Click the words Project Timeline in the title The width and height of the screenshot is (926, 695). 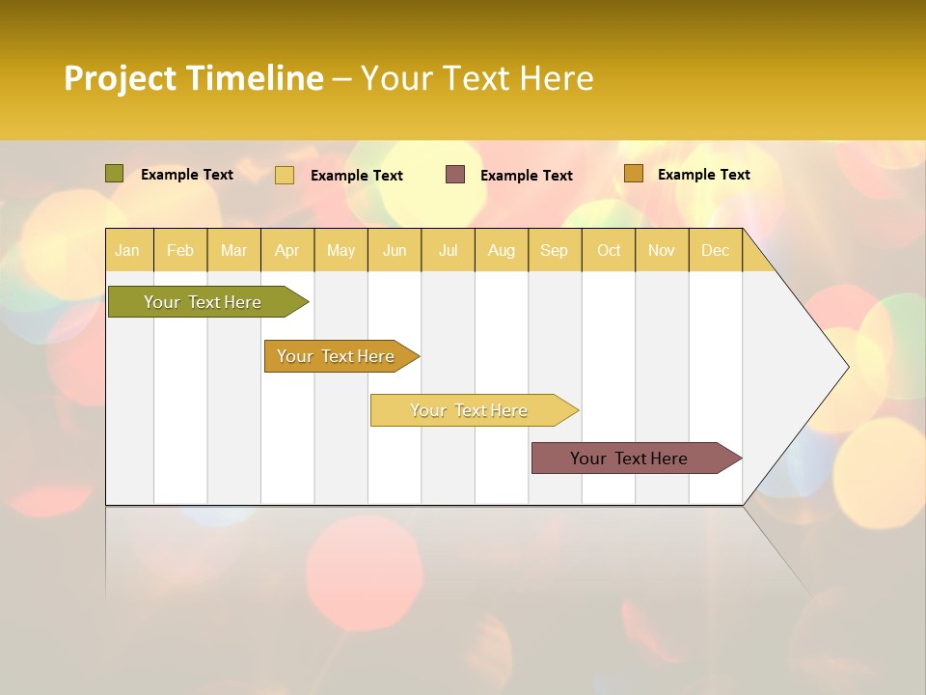pyautogui.click(x=193, y=78)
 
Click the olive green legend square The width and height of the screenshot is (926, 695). pyautogui.click(x=114, y=174)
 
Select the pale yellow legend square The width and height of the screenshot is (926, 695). pyautogui.click(x=285, y=175)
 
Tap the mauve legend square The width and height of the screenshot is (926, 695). pyautogui.click(x=455, y=175)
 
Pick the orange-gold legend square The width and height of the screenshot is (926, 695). pyautogui.click(x=633, y=174)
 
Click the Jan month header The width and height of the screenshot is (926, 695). pyautogui.click(x=127, y=251)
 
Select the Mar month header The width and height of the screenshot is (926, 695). pyautogui.click(x=233, y=251)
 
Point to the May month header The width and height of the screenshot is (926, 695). pyautogui.click(x=340, y=251)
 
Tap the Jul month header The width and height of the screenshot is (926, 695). pyautogui.click(x=448, y=251)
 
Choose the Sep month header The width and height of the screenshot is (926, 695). pyautogui.click(x=554, y=251)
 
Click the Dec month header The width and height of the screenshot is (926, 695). pyautogui.click(x=715, y=251)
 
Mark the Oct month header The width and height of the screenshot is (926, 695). pyautogui.click(x=609, y=251)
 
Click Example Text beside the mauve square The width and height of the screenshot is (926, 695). pyautogui.click(x=526, y=176)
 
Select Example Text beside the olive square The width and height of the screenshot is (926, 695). pyautogui.click(x=187, y=175)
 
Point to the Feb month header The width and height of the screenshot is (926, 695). pyautogui.click(x=180, y=251)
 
